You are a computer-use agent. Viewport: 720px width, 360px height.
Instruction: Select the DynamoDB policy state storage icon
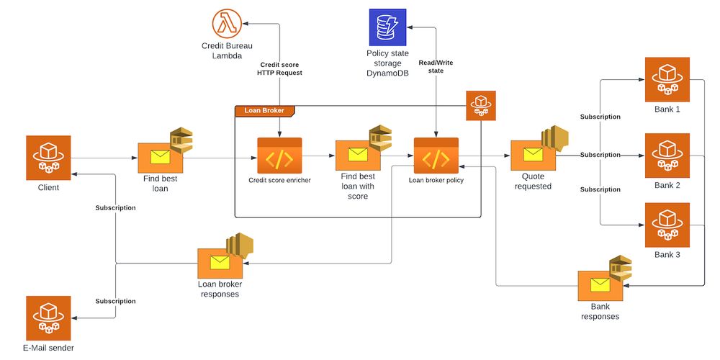[x=387, y=27]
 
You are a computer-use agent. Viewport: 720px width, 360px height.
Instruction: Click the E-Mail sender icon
[x=49, y=317]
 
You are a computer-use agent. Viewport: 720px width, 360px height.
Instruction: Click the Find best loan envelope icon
[x=160, y=157]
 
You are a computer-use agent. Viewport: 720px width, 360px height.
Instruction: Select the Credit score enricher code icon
[x=279, y=156]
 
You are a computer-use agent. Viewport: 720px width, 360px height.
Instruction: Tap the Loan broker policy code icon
[x=436, y=156]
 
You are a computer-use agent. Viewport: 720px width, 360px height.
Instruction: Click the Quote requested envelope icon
[x=533, y=156]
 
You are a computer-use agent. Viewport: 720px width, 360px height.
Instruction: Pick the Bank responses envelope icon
[x=600, y=284]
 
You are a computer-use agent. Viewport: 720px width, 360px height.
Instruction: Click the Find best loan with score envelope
[x=358, y=155]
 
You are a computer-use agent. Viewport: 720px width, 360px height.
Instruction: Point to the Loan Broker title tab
[x=265, y=111]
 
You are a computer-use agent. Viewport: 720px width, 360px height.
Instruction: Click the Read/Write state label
[x=436, y=67]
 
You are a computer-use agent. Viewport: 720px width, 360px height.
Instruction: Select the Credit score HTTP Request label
[x=279, y=68]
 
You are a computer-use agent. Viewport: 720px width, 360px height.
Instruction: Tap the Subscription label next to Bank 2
[x=600, y=155]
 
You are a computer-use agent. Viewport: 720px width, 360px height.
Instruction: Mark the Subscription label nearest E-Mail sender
[x=115, y=301]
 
